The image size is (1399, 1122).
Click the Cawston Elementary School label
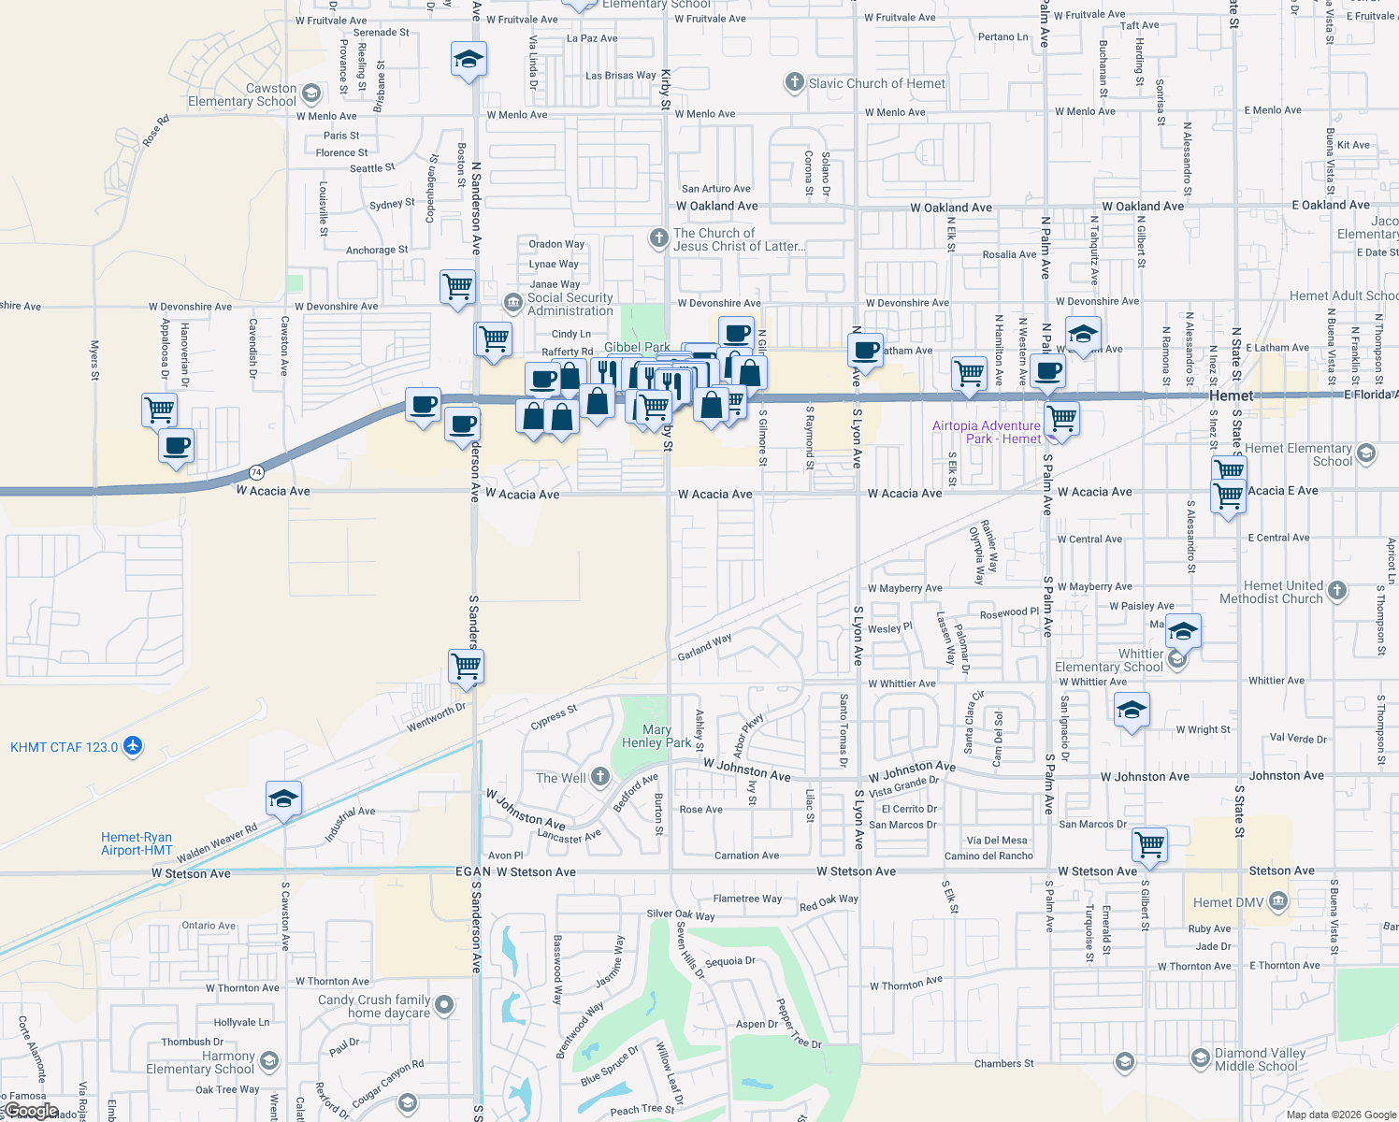242,94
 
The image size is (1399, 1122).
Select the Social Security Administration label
570,304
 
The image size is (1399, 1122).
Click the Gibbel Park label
637,347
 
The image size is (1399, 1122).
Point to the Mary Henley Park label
656,736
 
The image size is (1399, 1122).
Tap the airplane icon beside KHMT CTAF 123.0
133,746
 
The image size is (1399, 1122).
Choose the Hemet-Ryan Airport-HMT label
137,843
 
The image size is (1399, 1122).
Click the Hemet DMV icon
1279,901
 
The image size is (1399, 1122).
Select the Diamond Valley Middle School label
1260,1059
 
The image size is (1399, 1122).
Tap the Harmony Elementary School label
200,1062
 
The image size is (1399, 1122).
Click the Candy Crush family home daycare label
374,1006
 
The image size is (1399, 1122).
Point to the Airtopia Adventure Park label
986,432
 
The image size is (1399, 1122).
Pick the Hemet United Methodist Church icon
1337,590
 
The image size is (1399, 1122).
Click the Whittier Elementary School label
1109,660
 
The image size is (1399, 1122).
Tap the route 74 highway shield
256,472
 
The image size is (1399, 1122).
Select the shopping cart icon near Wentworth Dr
466,667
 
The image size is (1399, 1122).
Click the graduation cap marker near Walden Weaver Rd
283,798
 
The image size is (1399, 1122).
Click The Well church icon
600,777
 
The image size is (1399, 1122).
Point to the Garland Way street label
704,647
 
